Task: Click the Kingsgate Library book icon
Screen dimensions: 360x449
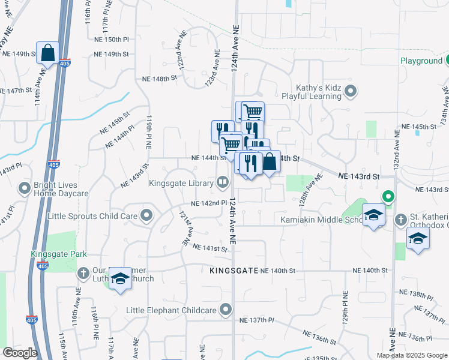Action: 223,181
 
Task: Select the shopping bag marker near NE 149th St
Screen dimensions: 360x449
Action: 47,53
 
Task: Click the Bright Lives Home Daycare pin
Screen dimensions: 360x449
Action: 25,188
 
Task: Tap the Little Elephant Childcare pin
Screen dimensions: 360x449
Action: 226,310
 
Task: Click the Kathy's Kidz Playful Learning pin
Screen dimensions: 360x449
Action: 351,92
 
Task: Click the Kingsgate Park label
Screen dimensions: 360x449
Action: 55,254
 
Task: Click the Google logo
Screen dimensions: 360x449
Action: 20,353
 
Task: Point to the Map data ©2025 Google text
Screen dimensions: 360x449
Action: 412,355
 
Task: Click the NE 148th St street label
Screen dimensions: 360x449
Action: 160,78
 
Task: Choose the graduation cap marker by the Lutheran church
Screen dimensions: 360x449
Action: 121,278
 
